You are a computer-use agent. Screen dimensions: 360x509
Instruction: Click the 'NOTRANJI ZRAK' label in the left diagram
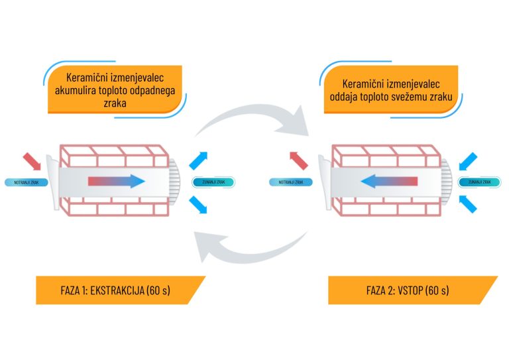click(23, 181)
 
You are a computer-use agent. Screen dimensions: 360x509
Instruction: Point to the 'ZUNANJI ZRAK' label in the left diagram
click(213, 181)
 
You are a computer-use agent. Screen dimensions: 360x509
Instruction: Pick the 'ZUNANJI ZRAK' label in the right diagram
click(479, 181)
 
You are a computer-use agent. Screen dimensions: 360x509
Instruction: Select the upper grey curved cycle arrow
click(252, 119)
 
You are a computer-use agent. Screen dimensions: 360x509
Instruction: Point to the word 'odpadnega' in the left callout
click(154, 90)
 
